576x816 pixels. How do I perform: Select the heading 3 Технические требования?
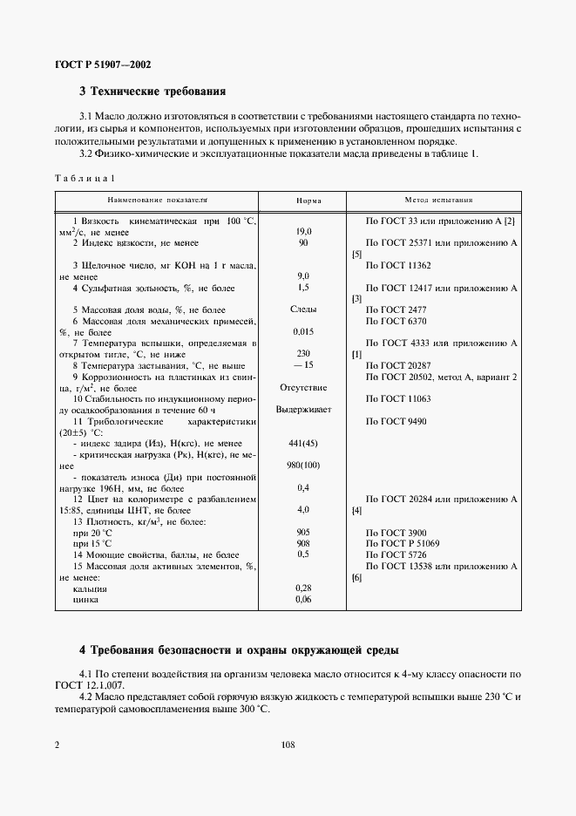pyautogui.click(x=152, y=90)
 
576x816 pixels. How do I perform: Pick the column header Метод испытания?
pyautogui.click(x=438, y=200)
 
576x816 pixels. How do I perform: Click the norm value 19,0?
pyautogui.click(x=304, y=232)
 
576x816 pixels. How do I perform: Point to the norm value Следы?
pyautogui.click(x=303, y=309)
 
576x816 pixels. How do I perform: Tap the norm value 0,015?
pyautogui.click(x=304, y=332)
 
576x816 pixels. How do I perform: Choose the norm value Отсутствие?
pyautogui.click(x=303, y=387)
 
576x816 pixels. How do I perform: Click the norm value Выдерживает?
pyautogui.click(x=303, y=409)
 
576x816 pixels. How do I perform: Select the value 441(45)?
pyautogui.click(x=303, y=443)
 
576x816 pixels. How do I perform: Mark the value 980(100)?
pyautogui.click(x=303, y=465)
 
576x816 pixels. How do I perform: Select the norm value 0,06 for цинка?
pyautogui.click(x=304, y=599)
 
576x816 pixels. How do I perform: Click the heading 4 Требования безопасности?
pyautogui.click(x=239, y=650)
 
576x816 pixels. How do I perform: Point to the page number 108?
pyautogui.click(x=288, y=745)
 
